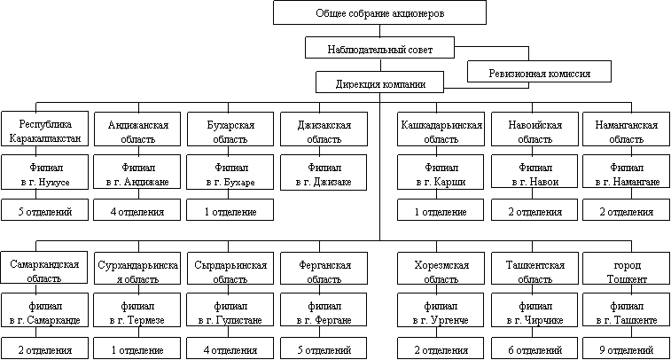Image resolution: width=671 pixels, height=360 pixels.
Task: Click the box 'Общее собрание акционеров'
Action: point(379,12)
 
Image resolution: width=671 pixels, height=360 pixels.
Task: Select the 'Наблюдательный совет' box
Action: point(379,48)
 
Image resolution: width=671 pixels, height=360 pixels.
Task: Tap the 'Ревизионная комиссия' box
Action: point(539,72)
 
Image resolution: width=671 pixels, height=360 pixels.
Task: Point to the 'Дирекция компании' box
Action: point(379,82)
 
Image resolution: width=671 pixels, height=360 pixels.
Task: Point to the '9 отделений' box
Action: point(626,348)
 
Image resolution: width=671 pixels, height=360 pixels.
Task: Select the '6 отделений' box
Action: point(534,348)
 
